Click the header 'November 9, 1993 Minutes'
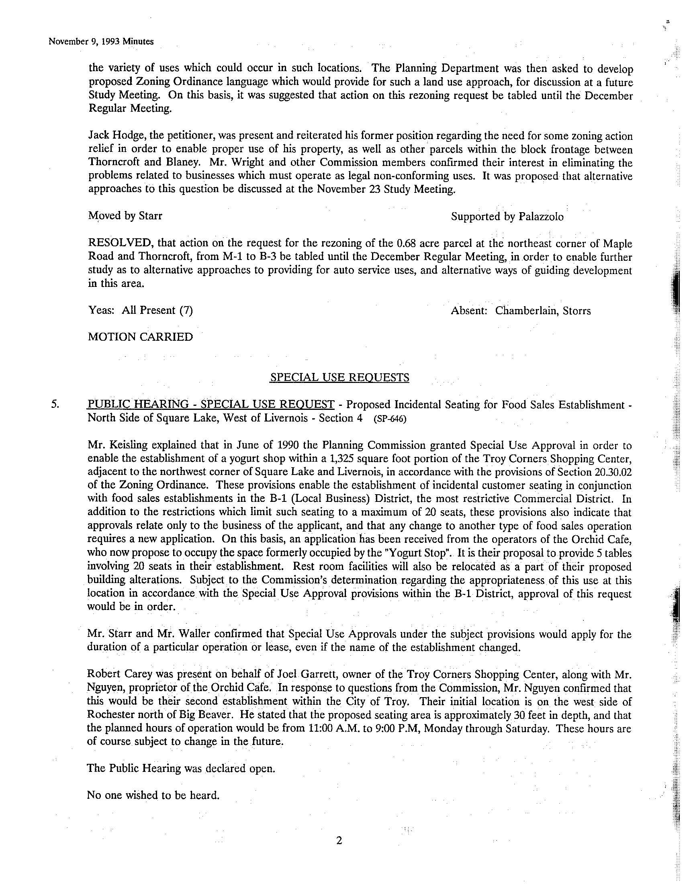tap(101, 41)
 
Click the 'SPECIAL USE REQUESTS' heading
tap(339, 378)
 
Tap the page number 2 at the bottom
tap(339, 841)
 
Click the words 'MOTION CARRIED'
tap(140, 337)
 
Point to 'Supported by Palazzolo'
tap(507, 217)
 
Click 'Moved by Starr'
tap(125, 216)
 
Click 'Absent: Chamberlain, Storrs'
tap(521, 311)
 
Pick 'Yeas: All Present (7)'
tap(140, 311)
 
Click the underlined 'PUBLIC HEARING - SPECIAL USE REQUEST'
tap(211, 404)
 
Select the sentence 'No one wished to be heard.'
tap(153, 795)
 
